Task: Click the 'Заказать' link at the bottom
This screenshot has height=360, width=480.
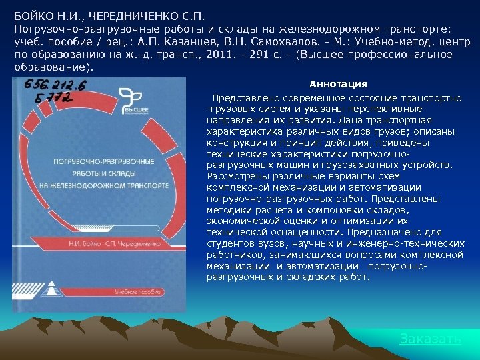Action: click(x=430, y=339)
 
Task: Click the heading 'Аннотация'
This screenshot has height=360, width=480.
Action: click(x=338, y=84)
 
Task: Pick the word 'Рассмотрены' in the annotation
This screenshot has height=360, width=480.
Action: click(x=237, y=176)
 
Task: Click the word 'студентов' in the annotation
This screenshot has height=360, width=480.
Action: click(x=231, y=243)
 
